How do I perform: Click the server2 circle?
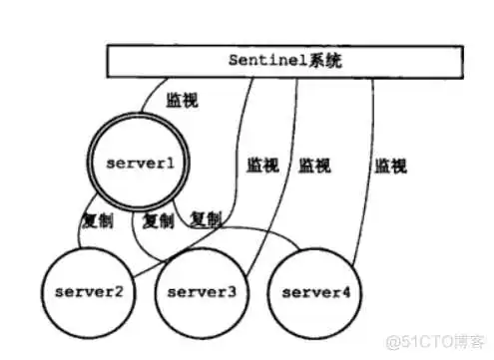[x=90, y=293]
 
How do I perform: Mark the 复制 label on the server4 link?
[x=206, y=219]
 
